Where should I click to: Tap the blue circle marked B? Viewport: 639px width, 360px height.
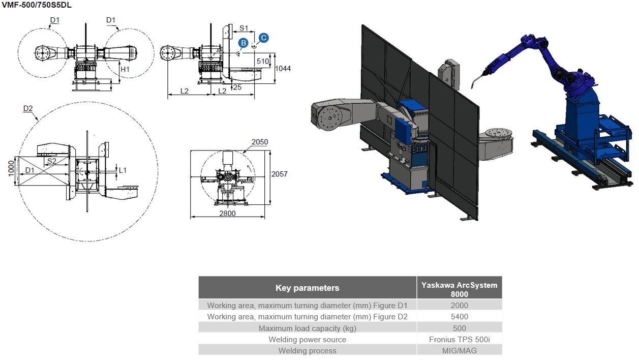244,43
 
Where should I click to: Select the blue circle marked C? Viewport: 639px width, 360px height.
263,38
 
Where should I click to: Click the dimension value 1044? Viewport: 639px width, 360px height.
283,68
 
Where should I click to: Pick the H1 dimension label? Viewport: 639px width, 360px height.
125,68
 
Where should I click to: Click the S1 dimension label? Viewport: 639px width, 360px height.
244,28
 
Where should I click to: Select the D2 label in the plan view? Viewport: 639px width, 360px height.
28,108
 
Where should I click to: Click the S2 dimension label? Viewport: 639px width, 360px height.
51,161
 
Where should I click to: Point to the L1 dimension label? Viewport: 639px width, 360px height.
123,169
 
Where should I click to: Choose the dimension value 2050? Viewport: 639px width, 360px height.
259,142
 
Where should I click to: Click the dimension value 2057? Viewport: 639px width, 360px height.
280,174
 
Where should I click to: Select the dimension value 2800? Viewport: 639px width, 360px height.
227,214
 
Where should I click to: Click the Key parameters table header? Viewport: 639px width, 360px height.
307,288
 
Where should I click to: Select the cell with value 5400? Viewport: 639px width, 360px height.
459,316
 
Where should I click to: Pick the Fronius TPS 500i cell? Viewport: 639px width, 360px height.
459,339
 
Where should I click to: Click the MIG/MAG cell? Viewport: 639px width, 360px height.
459,350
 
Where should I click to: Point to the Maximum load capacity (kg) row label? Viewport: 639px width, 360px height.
307,328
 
